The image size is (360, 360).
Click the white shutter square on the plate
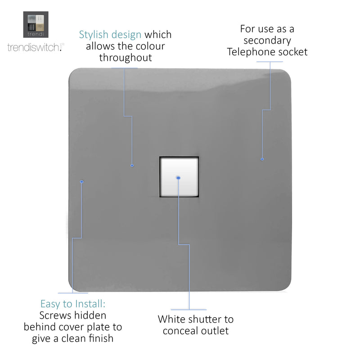pos(179,177)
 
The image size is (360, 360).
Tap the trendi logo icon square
pos(36,25)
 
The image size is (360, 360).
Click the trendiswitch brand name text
pos(36,47)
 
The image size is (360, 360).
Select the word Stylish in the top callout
pos(94,35)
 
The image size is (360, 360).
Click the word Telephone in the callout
pos(251,52)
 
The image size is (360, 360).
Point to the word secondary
pos(267,40)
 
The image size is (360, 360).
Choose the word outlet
pos(215,331)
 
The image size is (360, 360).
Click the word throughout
pos(126,58)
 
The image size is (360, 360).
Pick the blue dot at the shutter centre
pos(178,178)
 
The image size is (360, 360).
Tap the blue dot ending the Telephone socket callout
pos(262,159)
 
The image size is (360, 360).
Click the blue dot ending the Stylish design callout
pos(132,166)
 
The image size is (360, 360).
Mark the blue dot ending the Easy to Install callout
pos(82,182)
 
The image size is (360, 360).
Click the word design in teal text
pos(126,35)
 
